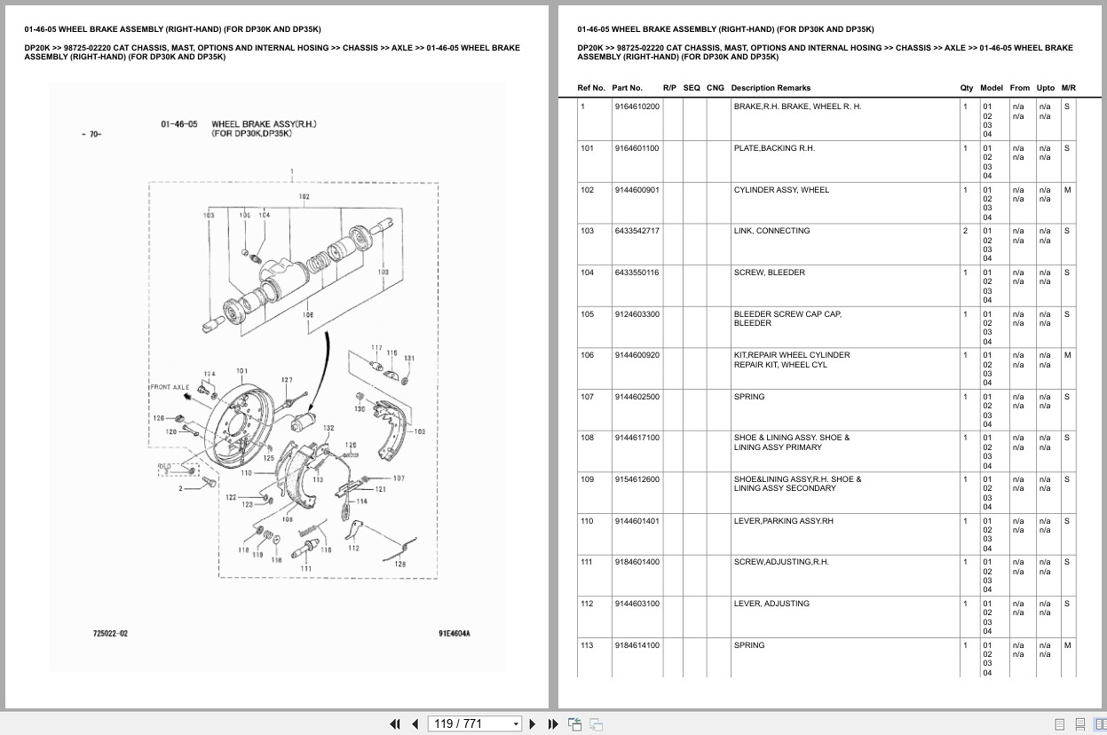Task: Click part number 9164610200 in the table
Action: [636, 107]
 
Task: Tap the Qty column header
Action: [966, 88]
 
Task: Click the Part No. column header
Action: [627, 88]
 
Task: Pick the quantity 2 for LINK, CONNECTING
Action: [966, 231]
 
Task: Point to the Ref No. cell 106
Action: [587, 355]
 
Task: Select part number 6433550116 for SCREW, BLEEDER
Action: [636, 273]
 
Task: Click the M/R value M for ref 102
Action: [1067, 190]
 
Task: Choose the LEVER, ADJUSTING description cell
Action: [771, 604]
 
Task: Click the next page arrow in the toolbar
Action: [533, 723]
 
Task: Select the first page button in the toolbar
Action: [395, 723]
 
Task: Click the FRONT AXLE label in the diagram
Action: [170, 387]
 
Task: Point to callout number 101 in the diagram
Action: [241, 371]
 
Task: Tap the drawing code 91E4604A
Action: [454, 634]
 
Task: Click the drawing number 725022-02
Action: [110, 634]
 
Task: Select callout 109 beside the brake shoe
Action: [419, 432]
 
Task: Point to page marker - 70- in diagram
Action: [91, 135]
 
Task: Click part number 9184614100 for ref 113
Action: [636, 645]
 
